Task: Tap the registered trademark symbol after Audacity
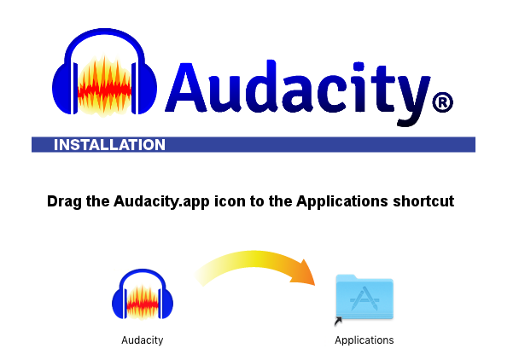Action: point(442,103)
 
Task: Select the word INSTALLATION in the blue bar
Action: point(109,145)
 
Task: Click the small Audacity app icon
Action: point(137,299)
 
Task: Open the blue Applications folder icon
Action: point(364,297)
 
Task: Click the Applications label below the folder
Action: point(364,340)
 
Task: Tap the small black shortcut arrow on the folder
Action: point(338,321)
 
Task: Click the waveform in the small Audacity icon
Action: point(137,304)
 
